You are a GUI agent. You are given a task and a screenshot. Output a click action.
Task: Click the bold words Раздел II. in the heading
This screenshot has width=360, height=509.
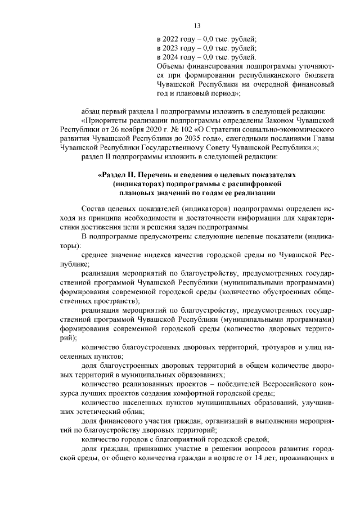124,175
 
